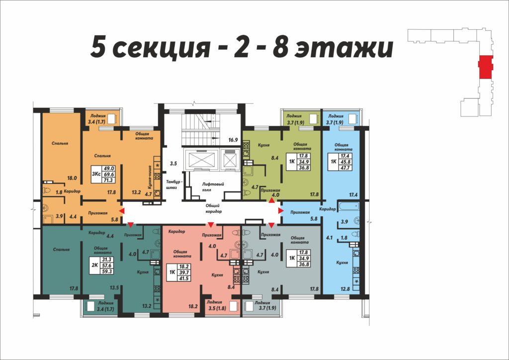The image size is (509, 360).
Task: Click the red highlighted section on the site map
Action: click(486, 67)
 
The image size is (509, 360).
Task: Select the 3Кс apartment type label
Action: click(96, 174)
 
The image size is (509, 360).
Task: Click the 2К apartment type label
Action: click(95, 265)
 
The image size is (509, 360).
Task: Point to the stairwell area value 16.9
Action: click(233, 140)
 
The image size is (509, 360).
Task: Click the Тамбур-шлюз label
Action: click(174, 184)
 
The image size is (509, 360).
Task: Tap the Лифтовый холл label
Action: click(213, 186)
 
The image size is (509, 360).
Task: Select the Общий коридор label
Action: click(213, 208)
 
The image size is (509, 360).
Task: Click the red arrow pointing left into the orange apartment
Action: click(121, 211)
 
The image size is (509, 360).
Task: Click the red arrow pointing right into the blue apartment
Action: click(281, 211)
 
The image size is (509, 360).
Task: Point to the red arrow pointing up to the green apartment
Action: click(271, 200)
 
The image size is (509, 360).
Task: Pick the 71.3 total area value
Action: click(108, 180)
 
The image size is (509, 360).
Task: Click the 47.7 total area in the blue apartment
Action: click(345, 168)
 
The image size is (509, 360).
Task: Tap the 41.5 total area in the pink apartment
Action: click(184, 278)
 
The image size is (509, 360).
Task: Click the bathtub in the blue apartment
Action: click(348, 206)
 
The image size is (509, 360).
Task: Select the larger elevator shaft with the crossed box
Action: click(200, 160)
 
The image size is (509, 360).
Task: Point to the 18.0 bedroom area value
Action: click(72, 178)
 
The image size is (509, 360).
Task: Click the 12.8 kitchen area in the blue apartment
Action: click(345, 288)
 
